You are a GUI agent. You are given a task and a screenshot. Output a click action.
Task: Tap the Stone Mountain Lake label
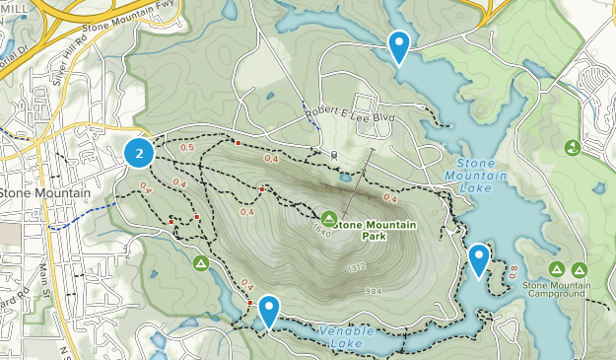coord(483,176)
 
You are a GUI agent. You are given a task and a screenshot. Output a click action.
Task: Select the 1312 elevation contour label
coord(357,268)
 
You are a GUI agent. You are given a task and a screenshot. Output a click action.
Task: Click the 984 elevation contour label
coord(372,291)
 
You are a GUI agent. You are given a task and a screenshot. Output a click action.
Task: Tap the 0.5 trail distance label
coord(187,148)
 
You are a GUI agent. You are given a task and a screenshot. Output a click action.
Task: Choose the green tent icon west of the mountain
coord(201,262)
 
